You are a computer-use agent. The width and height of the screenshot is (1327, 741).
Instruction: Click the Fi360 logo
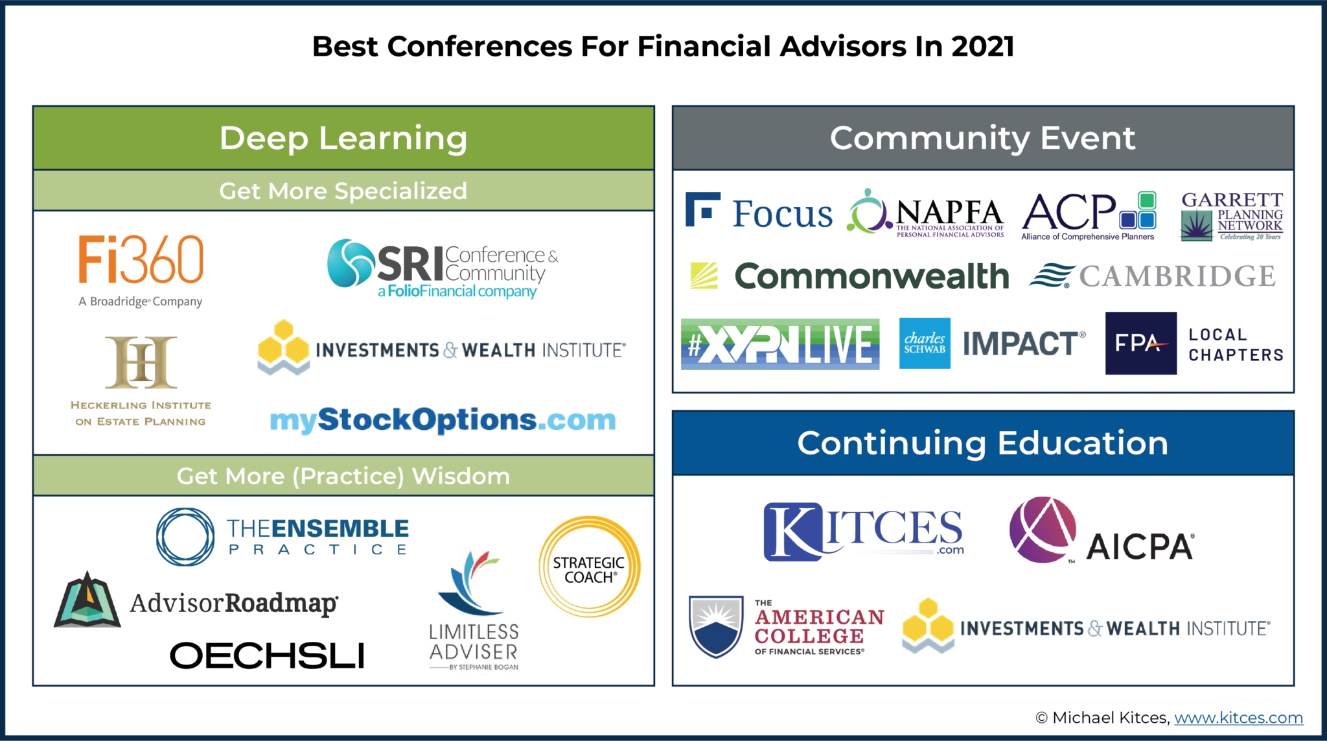pos(141,260)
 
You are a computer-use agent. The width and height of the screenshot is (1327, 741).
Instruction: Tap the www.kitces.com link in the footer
pos(1238,718)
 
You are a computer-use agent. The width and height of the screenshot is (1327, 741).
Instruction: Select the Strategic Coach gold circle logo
pos(589,567)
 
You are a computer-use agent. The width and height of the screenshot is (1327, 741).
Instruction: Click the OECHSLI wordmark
pos(267,655)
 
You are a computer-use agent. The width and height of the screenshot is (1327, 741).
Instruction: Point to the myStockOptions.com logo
pos(443,420)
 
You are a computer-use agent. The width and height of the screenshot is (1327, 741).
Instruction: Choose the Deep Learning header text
pos(343,138)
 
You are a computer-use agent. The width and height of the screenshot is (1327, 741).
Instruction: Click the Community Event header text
pos(982,138)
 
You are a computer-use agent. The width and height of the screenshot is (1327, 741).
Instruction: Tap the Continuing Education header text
pos(982,443)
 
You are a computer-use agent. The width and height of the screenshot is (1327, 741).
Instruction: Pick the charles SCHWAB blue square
pos(925,343)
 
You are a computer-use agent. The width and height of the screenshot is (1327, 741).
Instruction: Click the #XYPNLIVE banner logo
pos(780,344)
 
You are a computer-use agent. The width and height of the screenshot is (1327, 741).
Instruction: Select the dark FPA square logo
pos(1140,343)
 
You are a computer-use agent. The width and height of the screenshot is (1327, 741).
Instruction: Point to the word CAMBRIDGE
pos(1177,277)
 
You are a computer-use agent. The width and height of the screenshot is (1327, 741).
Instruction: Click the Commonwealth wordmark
pos(871,277)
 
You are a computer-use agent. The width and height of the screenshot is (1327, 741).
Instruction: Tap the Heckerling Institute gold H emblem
pos(141,362)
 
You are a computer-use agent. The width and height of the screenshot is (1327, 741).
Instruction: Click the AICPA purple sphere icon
pos(1043,530)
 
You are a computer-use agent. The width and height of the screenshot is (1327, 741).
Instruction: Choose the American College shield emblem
pos(716,626)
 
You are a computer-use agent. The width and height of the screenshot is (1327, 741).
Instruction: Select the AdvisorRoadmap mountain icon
pos(87,600)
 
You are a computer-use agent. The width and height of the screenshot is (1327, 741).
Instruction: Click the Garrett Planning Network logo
pos(1231,217)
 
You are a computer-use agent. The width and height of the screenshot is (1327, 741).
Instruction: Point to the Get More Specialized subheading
pos(343,191)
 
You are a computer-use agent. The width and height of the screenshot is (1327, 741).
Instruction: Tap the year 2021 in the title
pos(982,47)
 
